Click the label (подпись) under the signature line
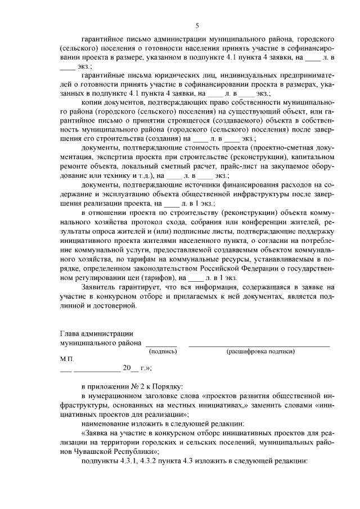[x=162, y=351]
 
